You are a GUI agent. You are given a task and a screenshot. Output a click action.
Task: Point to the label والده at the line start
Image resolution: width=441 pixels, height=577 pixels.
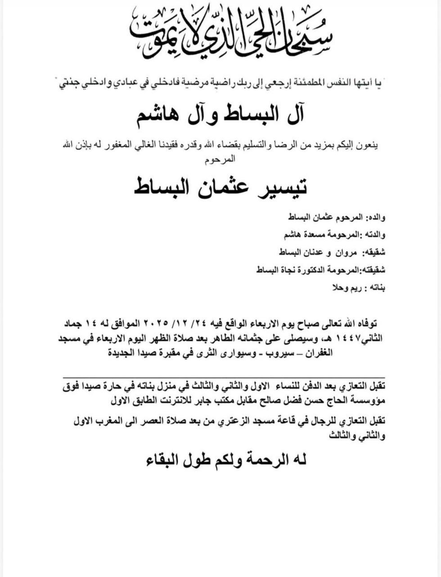pos(375,218)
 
